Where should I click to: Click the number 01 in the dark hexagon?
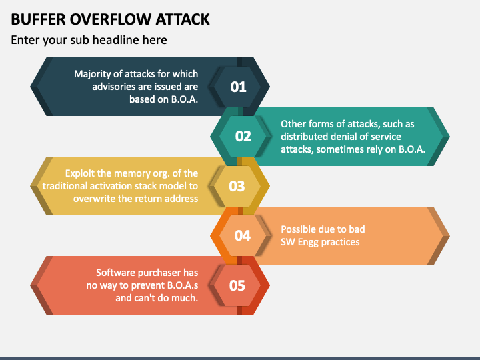pyautogui.click(x=238, y=87)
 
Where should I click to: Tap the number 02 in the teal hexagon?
pyautogui.click(x=243, y=136)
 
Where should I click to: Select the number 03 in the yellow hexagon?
pyautogui.click(x=237, y=186)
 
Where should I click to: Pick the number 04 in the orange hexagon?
pyautogui.click(x=243, y=236)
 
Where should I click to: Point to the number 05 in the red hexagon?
pyautogui.click(x=237, y=285)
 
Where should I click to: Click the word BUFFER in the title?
pyautogui.click(x=38, y=19)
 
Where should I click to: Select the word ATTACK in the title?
pyautogui.click(x=183, y=19)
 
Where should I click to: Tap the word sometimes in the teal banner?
pyautogui.click(x=337, y=149)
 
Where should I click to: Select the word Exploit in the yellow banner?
pyautogui.click(x=79, y=173)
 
